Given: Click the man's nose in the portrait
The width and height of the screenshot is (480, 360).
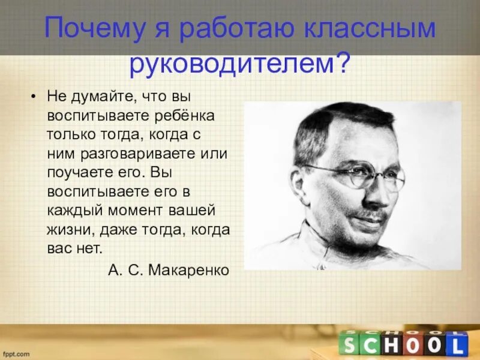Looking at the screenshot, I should click(x=378, y=191).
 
